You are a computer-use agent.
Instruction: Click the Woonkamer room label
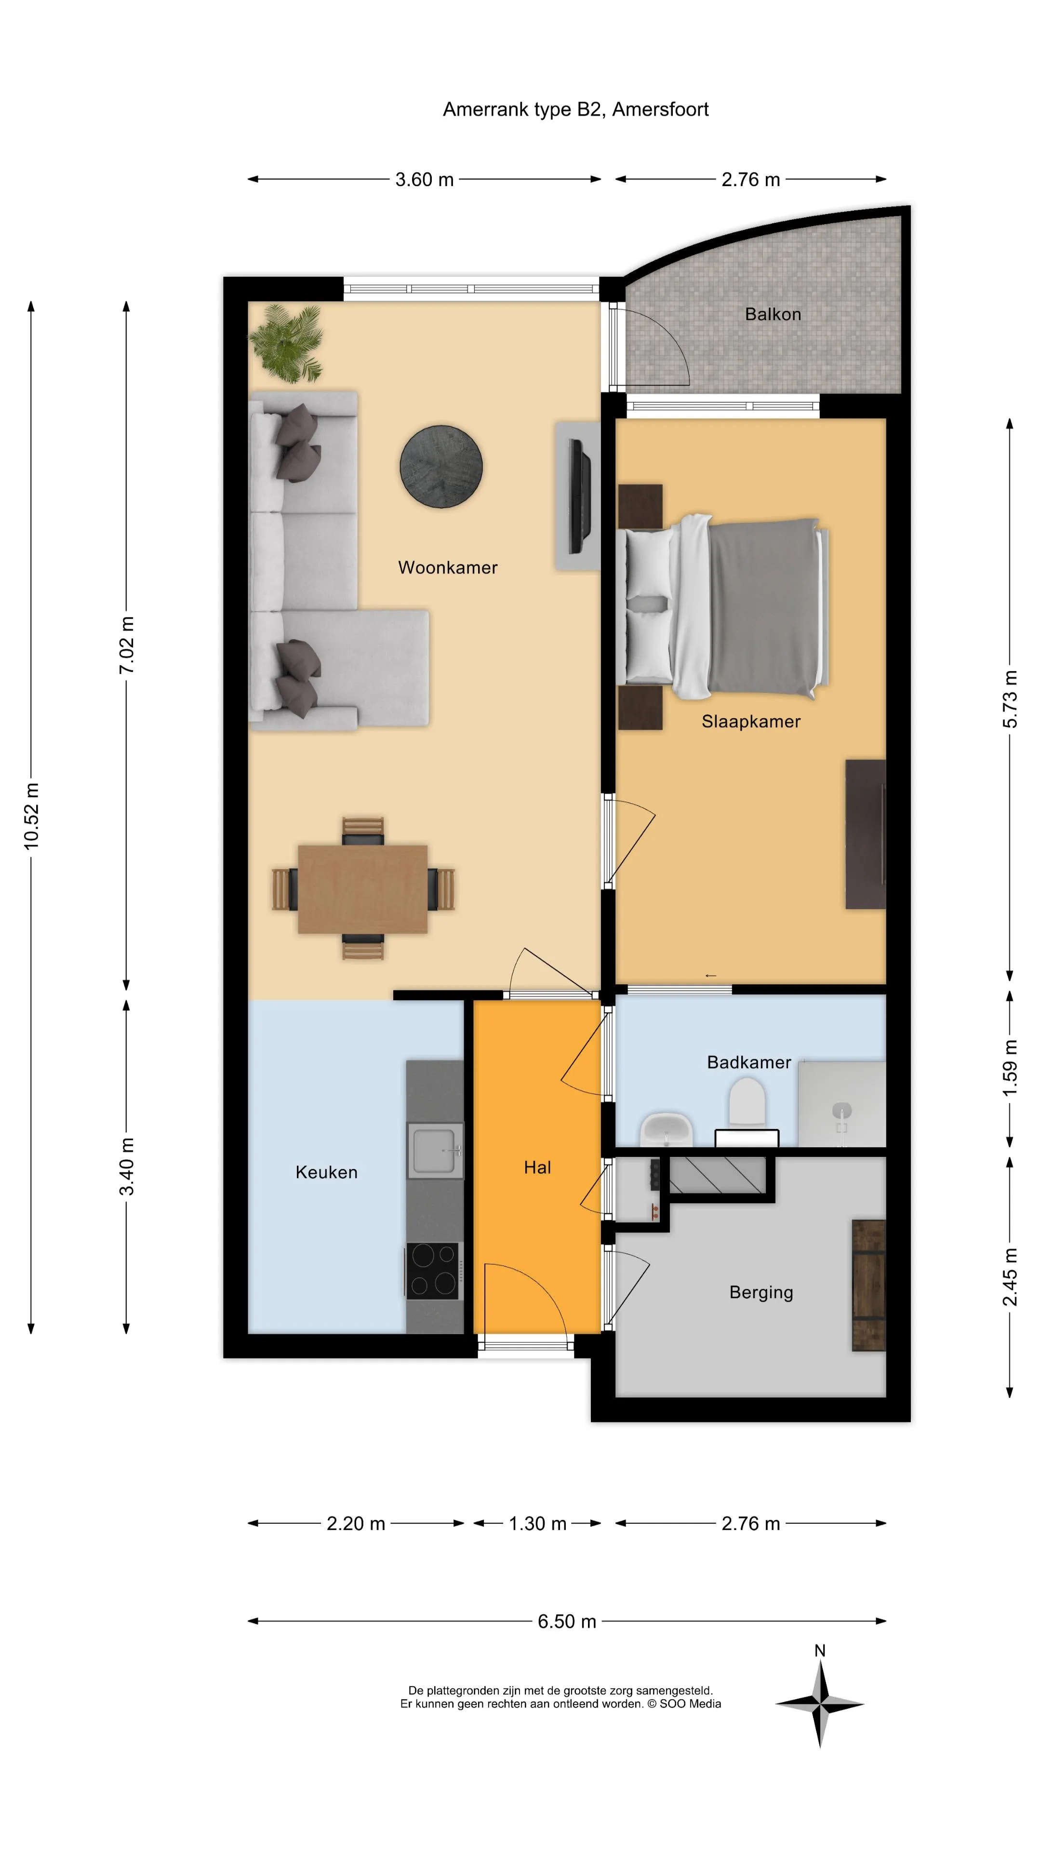[448, 568]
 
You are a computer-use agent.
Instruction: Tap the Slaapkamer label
[751, 722]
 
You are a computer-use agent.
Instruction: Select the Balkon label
[772, 314]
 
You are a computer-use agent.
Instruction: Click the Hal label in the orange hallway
[537, 1167]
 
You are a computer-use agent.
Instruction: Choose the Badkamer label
[748, 1062]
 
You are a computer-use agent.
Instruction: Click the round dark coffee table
[441, 466]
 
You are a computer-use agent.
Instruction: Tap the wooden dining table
[363, 889]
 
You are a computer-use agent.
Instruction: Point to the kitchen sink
[435, 1151]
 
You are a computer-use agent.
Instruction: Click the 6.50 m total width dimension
[567, 1621]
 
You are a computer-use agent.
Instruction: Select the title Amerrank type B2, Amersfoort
[575, 109]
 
